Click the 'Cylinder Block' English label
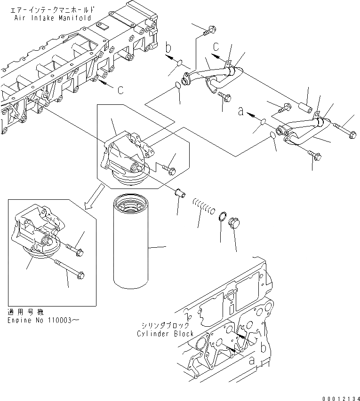pyautogui.click(x=165, y=333)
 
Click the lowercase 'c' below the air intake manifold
pyautogui.click(x=120, y=89)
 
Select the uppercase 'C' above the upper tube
pyautogui.click(x=216, y=47)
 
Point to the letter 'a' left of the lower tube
pyautogui.click(x=241, y=112)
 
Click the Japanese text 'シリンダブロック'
pyautogui.click(x=165, y=325)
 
